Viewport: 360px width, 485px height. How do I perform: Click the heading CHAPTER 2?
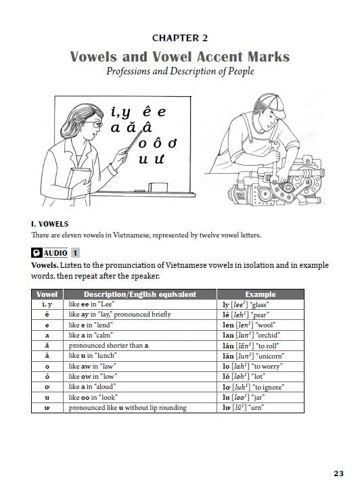[x=180, y=39]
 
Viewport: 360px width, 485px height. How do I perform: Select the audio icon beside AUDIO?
[x=37, y=253]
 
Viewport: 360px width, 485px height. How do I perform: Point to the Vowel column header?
[x=47, y=294]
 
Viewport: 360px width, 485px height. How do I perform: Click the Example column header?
[x=261, y=294]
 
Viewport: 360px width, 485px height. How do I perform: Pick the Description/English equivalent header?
[x=139, y=294]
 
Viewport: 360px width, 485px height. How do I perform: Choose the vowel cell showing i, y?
[x=47, y=304]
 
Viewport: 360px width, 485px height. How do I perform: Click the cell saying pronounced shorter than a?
[x=108, y=346]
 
